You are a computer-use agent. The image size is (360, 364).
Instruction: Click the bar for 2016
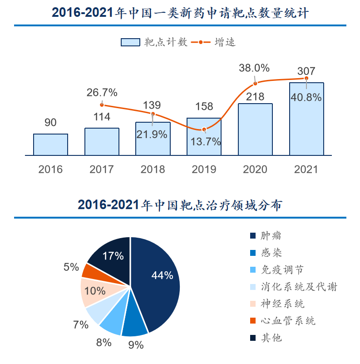[50, 145]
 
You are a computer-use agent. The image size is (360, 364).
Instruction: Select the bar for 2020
[255, 130]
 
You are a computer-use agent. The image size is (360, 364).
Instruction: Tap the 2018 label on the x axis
[153, 170]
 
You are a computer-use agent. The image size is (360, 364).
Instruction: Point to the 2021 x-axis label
[306, 170]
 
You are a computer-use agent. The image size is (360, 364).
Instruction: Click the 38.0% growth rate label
[254, 68]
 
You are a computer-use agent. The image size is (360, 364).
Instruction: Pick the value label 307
[306, 71]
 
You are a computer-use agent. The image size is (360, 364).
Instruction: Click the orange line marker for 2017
[102, 105]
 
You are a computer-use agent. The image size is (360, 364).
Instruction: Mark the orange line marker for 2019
[204, 130]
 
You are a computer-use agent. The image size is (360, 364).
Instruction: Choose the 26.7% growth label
[102, 93]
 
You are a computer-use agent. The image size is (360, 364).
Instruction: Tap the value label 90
[50, 122]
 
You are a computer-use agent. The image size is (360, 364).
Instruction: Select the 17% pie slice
[111, 258]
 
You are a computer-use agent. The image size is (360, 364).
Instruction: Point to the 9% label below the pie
[136, 345]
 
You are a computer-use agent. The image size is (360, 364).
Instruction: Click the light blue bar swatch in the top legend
[130, 42]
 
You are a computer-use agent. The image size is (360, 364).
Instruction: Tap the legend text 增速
[225, 42]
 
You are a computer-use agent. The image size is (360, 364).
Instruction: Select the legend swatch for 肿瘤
[253, 236]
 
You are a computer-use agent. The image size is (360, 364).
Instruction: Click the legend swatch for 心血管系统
[253, 320]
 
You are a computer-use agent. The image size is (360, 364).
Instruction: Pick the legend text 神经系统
[282, 304]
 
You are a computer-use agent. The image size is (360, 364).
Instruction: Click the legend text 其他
[271, 338]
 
